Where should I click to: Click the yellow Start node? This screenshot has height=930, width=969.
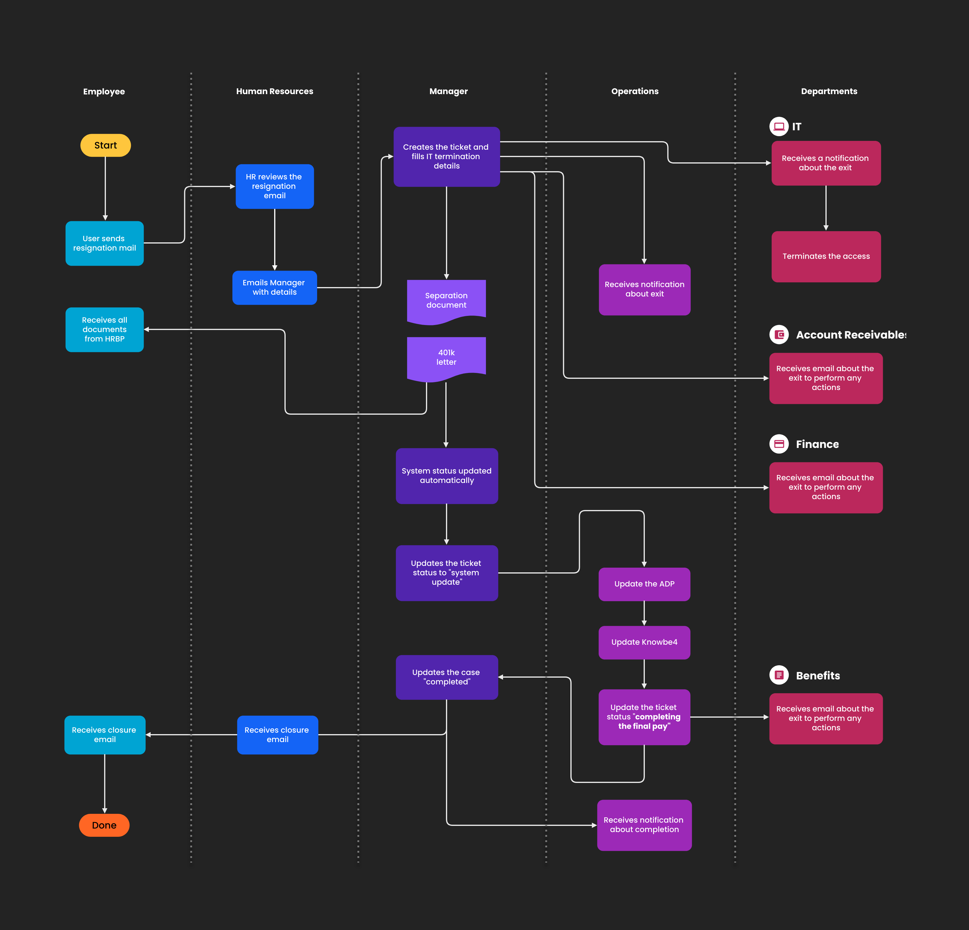(x=105, y=145)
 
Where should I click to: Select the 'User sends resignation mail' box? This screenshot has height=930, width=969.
(x=104, y=243)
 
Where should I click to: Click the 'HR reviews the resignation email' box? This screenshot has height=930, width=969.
(x=274, y=186)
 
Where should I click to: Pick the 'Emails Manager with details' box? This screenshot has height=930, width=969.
(x=274, y=287)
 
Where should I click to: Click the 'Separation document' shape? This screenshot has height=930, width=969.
(x=446, y=300)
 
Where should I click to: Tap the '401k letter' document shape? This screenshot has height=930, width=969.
(x=446, y=357)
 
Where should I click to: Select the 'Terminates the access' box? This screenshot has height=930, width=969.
(x=826, y=256)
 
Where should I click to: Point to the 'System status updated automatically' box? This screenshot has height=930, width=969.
(x=447, y=476)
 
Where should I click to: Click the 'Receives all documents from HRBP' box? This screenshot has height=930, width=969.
(x=104, y=329)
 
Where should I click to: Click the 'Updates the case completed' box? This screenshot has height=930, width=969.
(x=447, y=677)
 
